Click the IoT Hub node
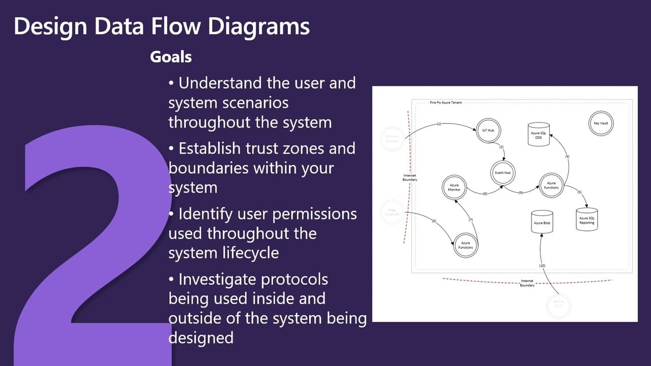click(488, 131)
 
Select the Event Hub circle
click(503, 173)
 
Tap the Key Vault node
click(600, 124)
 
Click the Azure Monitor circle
click(454, 188)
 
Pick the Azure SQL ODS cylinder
click(539, 134)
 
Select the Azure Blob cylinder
click(542, 222)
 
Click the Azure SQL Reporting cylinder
click(586, 220)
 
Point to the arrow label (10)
click(542, 266)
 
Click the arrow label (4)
click(567, 157)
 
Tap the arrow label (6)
click(434, 221)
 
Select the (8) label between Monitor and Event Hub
click(485, 194)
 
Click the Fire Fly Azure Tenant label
click(446, 102)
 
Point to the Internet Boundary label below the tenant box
click(527, 283)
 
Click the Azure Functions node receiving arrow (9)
click(551, 185)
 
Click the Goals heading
click(171, 57)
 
